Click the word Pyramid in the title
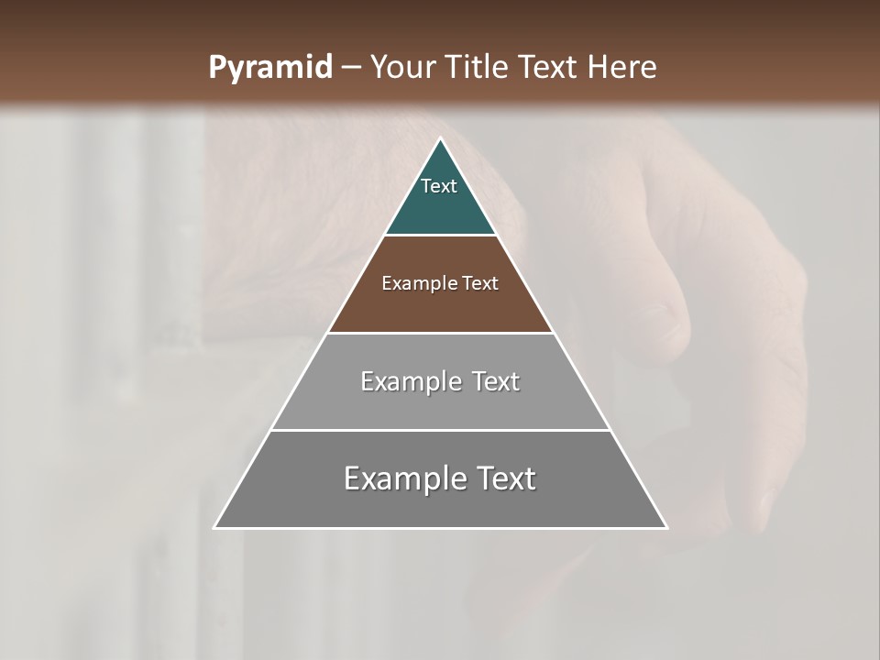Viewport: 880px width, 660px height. (269, 68)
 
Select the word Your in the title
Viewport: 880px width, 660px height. (401, 68)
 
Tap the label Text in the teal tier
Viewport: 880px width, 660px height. (439, 186)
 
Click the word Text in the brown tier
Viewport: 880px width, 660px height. (481, 283)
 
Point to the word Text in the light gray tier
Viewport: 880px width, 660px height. (496, 381)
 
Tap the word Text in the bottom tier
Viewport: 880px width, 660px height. (506, 478)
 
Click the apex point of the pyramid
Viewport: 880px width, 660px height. (440, 139)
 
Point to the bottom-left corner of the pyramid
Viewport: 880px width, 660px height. (215, 528)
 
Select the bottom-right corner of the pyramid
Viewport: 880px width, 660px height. (666, 528)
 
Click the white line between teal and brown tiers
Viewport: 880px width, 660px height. (440, 236)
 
